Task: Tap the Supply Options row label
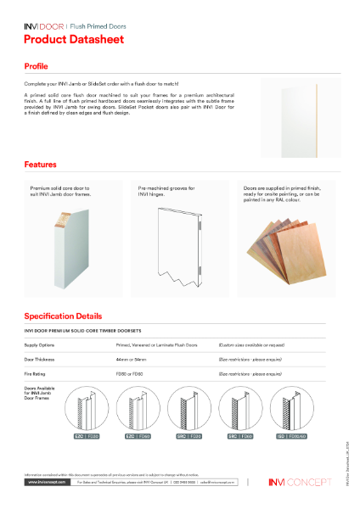pos(42,346)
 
